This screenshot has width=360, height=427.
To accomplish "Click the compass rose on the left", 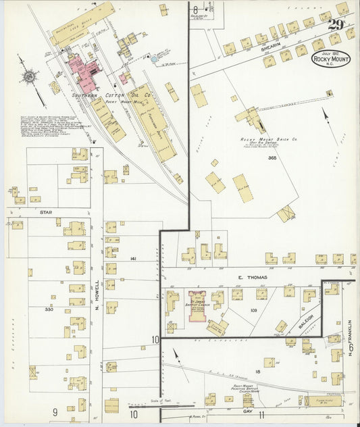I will [30, 76].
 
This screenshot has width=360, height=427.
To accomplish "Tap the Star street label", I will [46, 212].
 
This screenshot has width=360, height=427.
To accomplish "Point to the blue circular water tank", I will [155, 59].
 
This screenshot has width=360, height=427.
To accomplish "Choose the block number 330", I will [49, 309].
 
